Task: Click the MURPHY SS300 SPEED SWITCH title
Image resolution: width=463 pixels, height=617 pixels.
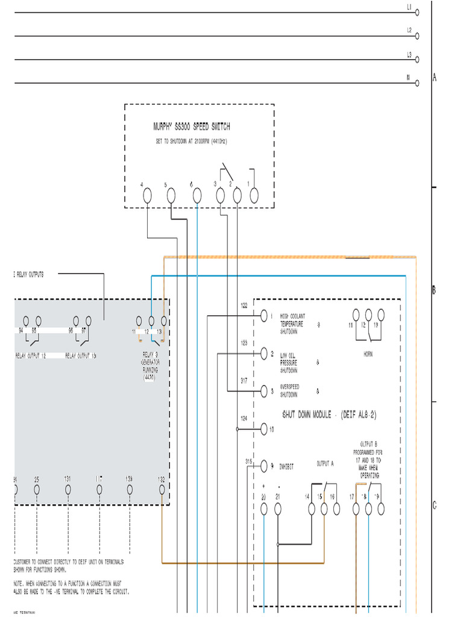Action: coord(191,127)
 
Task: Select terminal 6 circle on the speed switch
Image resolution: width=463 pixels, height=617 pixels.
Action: coord(197,195)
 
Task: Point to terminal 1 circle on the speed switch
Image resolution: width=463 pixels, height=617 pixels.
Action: coord(254,195)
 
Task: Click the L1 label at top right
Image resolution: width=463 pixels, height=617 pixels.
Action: coord(409,8)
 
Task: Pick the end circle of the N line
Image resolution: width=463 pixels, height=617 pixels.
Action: coord(417,84)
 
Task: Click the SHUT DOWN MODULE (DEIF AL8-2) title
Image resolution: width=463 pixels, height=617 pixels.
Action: coord(330,415)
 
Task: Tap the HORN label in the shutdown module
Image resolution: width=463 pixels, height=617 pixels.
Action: coord(367,354)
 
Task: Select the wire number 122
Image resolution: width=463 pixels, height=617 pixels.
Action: coord(244,306)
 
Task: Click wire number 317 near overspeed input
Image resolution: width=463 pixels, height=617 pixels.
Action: coord(244,381)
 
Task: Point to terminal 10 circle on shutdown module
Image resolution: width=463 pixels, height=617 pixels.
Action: coord(263,429)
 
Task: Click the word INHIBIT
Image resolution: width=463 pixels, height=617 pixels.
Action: coord(287,466)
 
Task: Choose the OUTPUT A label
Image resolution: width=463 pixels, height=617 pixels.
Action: coord(325,464)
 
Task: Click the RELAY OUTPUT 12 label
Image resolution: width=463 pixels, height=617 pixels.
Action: coord(31,355)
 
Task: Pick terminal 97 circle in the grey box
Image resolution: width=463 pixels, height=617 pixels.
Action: coord(89,321)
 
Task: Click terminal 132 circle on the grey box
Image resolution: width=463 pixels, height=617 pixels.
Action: coord(162,489)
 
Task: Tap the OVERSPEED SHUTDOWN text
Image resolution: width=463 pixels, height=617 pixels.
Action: coord(289,390)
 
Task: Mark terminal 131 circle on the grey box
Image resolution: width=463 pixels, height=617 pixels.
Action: coord(68,489)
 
